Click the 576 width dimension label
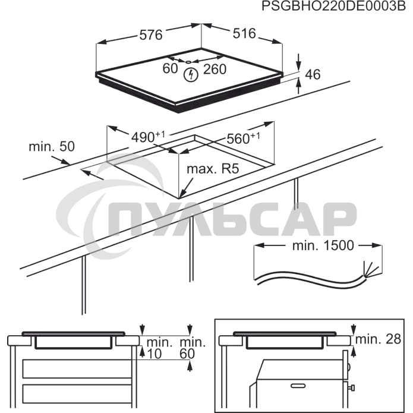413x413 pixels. [151, 35]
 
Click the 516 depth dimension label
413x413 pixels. [244, 33]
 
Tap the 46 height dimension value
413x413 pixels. [313, 74]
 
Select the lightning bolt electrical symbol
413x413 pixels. [190, 74]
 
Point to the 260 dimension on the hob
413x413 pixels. [215, 70]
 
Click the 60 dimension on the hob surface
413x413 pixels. [170, 68]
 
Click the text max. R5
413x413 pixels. [213, 169]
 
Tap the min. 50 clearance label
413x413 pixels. [52, 146]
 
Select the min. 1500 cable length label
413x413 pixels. [323, 245]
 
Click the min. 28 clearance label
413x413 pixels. [378, 339]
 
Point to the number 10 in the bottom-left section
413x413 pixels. [154, 354]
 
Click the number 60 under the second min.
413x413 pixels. [187, 354]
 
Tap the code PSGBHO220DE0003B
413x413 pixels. [333, 7]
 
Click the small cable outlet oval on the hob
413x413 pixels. [188, 62]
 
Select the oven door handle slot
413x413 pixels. [298, 386]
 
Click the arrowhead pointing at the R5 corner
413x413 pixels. [181, 195]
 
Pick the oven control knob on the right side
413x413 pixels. [351, 387]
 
